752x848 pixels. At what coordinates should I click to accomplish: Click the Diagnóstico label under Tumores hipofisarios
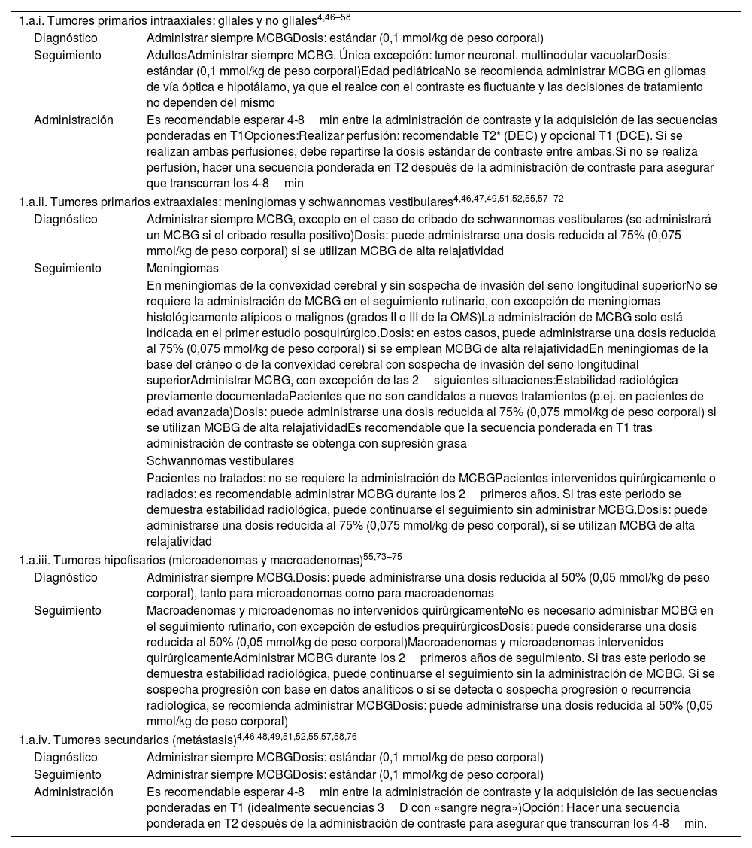pos(65,578)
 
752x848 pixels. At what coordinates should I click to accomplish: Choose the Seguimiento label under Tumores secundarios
pos(67,775)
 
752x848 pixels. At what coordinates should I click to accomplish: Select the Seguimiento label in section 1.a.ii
pos(67,268)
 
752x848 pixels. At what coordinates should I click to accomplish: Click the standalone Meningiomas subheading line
pos(183,268)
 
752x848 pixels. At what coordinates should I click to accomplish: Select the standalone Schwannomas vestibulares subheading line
pos(220,460)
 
